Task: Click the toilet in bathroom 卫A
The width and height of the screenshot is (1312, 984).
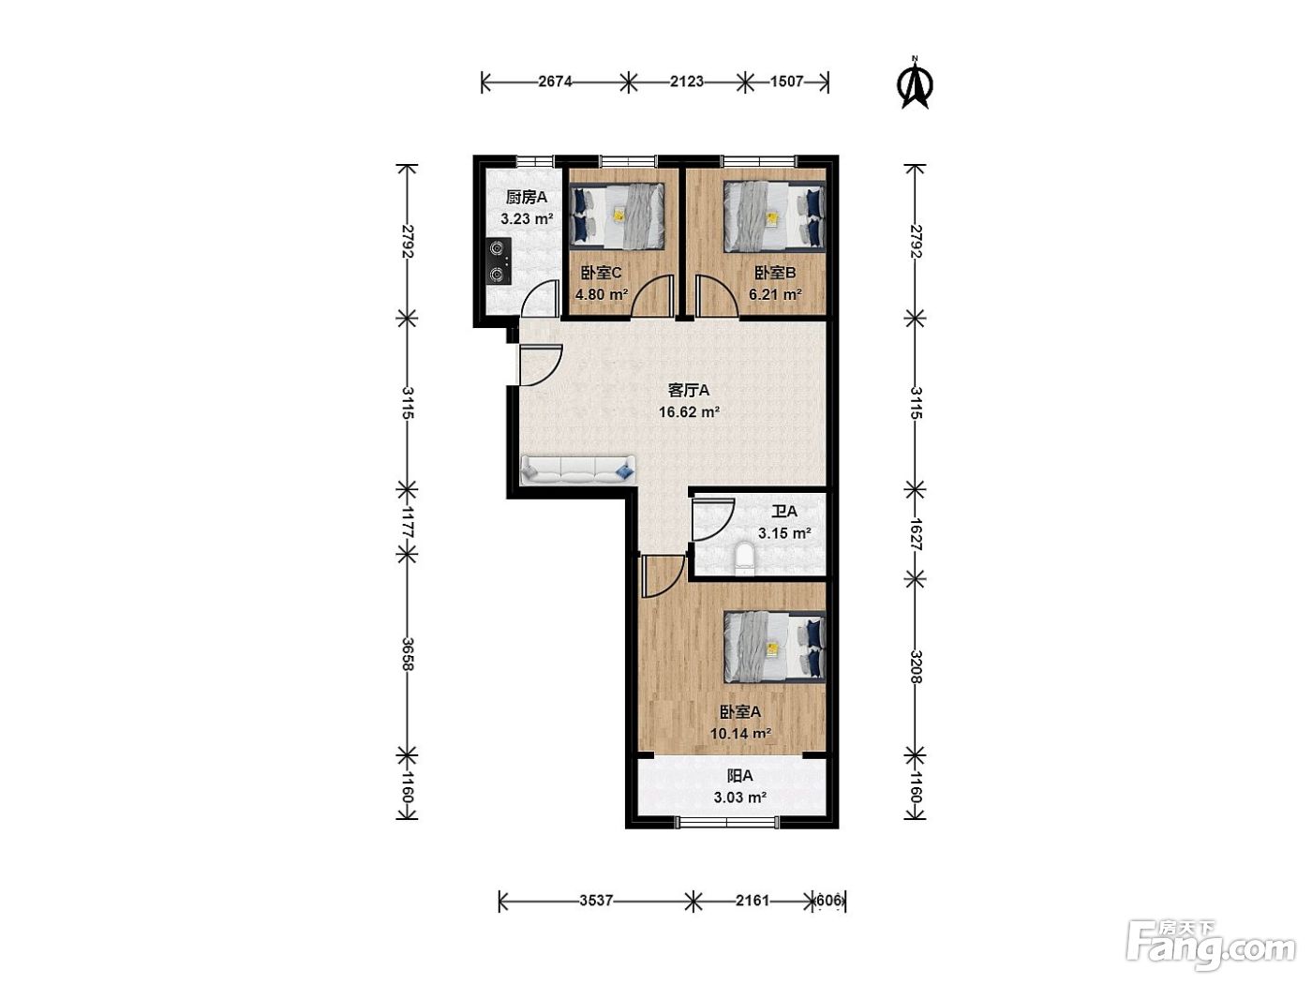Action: [x=743, y=559]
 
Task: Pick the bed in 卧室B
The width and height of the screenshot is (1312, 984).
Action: [x=775, y=216]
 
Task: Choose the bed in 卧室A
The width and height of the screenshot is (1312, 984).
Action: [x=775, y=647]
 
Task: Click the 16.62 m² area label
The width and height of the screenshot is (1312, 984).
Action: [x=689, y=411]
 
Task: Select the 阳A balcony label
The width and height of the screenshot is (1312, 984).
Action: [x=739, y=776]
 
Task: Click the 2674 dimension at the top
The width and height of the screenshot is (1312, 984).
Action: [x=556, y=82]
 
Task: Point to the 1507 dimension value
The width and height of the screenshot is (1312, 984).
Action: [x=786, y=82]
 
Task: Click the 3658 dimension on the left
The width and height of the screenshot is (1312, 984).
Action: [x=408, y=653]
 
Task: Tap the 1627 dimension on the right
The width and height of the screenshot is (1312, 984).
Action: [x=916, y=534]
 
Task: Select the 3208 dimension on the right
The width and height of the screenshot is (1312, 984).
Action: [x=916, y=666]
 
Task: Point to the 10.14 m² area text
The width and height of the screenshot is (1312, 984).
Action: [x=740, y=733]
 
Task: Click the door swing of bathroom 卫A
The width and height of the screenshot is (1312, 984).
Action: [x=712, y=520]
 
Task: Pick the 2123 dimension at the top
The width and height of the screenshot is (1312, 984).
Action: [x=686, y=82]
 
